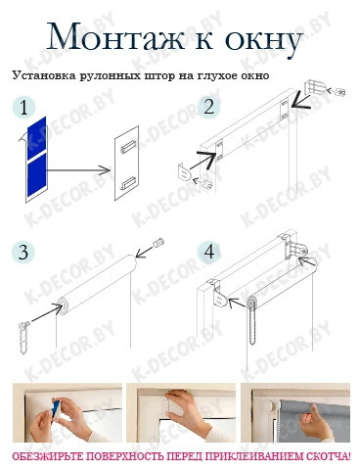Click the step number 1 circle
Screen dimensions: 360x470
(23, 108)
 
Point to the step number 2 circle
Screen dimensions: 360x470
(209, 107)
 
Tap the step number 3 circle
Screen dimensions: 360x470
(23, 253)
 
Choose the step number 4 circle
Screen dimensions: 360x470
(209, 253)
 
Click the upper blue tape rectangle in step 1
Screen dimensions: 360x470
(36, 138)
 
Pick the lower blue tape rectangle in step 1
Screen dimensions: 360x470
(37, 175)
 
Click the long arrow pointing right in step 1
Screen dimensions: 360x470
(77, 170)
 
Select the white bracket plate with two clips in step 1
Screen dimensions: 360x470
(127, 163)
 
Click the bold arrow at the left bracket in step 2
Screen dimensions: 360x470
(202, 160)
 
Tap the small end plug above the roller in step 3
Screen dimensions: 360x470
(158, 243)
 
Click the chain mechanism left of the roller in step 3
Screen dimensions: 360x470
(23, 337)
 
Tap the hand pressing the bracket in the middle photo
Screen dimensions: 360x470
(186, 410)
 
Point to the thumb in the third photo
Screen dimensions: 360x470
(315, 412)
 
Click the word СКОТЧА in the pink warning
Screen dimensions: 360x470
(329, 456)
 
